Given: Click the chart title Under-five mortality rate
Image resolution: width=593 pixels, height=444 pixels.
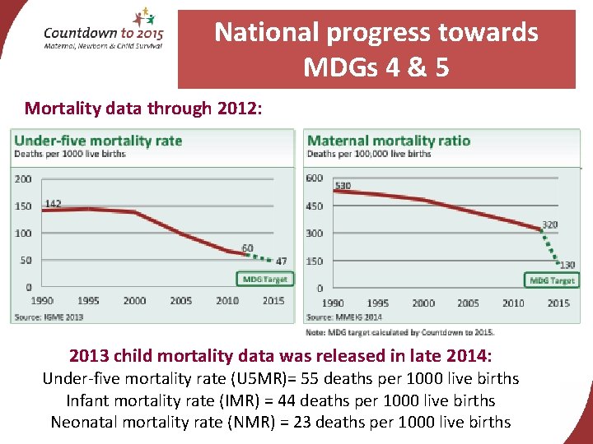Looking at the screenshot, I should [98, 141].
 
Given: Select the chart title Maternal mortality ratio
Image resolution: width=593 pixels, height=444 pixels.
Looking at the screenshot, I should [388, 141].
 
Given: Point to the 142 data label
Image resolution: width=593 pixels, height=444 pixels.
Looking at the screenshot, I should [53, 203].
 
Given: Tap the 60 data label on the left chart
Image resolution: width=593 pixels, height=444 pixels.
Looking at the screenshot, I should [247, 248].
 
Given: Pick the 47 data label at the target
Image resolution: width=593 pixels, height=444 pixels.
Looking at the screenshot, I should [281, 261].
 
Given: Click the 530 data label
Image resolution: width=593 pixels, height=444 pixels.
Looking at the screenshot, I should [343, 186].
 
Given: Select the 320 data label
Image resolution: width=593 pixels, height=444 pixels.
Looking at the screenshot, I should [549, 224].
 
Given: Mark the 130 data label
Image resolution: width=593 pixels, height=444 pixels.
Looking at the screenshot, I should [567, 265].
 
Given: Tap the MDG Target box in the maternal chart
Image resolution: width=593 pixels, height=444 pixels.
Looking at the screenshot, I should [551, 280].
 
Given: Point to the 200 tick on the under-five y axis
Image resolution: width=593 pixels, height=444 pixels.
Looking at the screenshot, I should [23, 178].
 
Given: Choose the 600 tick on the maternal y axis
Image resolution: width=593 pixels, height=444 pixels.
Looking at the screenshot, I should [314, 178].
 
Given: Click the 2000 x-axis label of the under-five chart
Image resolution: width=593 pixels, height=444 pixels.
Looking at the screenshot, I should [134, 301].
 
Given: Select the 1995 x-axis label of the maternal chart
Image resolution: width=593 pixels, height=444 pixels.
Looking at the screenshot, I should [378, 303].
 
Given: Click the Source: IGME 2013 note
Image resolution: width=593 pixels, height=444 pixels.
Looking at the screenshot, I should [47, 317].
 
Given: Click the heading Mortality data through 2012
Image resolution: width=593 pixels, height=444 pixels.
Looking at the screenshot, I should [143, 108].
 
